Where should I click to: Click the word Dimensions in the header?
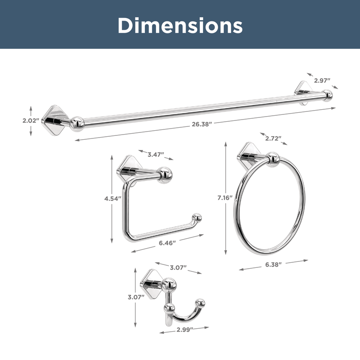[180, 25]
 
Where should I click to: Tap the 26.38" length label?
[202, 124]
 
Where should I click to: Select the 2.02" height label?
[31, 120]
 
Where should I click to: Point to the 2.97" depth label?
[322, 81]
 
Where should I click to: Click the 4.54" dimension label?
[113, 198]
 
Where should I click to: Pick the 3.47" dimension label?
[156, 155]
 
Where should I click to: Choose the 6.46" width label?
[168, 243]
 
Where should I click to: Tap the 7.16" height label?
[225, 198]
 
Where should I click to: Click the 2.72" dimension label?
[273, 138]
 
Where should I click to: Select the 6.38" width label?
[273, 264]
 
